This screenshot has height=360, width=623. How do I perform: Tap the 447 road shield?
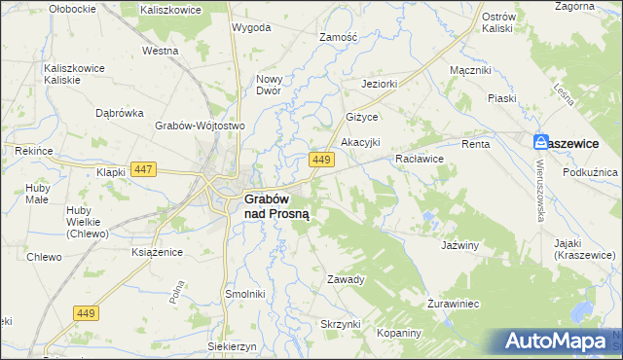(x=143, y=169)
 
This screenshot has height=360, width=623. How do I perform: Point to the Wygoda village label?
(x=251, y=27)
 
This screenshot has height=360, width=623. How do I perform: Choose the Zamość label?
(x=340, y=37)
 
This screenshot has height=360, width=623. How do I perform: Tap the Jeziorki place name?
(x=381, y=84)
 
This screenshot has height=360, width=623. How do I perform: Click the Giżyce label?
(x=361, y=116)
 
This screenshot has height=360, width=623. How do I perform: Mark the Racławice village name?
(x=420, y=158)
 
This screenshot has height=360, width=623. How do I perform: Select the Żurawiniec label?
(x=454, y=304)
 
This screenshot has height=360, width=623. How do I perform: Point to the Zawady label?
(x=346, y=279)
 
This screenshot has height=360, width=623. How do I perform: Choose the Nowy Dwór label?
(x=269, y=85)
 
